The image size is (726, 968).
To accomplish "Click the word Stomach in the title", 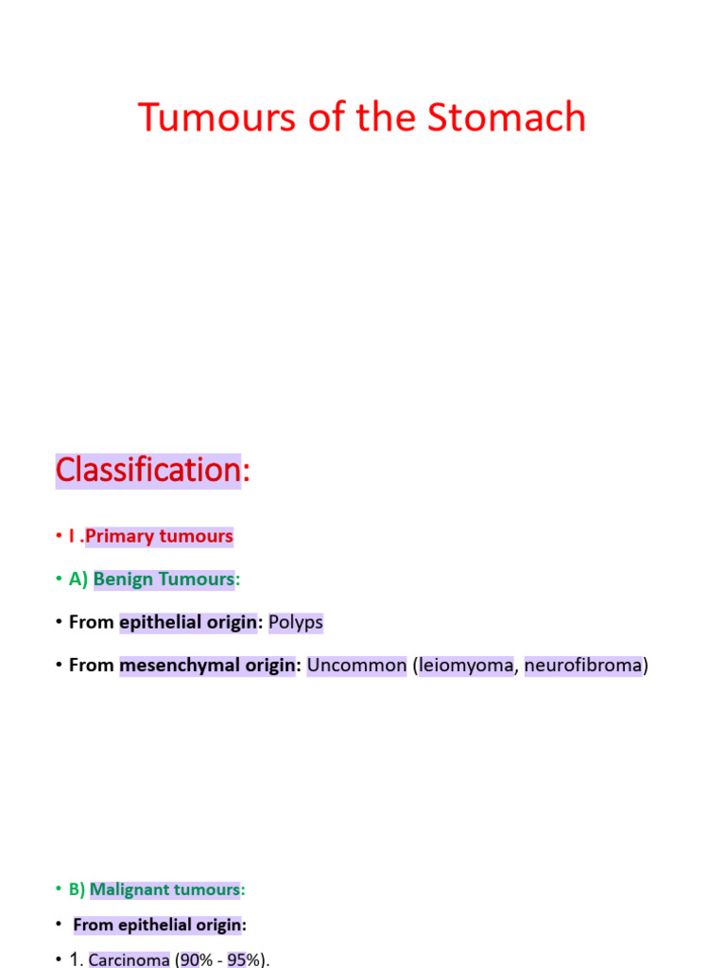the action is point(506,117).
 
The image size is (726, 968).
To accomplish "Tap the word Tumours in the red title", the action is point(216,117).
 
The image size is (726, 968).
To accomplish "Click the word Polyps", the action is point(296,622).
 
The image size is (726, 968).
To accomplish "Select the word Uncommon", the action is point(356,665).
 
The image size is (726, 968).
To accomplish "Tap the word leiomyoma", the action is point(466,665).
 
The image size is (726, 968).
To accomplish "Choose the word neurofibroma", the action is point(583,665).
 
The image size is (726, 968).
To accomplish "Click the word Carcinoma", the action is point(129,959).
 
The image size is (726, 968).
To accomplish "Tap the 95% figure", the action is point(244,959).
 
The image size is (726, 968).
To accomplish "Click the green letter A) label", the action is point(78,579).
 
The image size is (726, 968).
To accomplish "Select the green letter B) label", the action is point(78,890).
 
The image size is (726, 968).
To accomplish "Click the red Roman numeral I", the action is point(72,537).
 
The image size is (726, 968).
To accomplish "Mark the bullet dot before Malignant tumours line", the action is point(59,890).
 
